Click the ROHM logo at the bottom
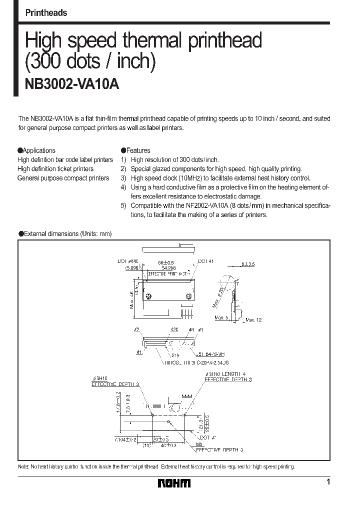click(174, 483)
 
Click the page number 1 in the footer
click(328, 482)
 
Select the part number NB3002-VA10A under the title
click(72, 84)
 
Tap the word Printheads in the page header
click(46, 13)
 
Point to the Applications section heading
click(36, 150)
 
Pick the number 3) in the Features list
click(123, 178)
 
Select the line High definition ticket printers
click(55, 169)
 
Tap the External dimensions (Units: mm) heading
click(65, 233)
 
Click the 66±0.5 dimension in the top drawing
click(166, 262)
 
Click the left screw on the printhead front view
click(148, 297)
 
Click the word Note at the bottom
click(23, 466)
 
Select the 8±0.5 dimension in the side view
click(248, 264)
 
